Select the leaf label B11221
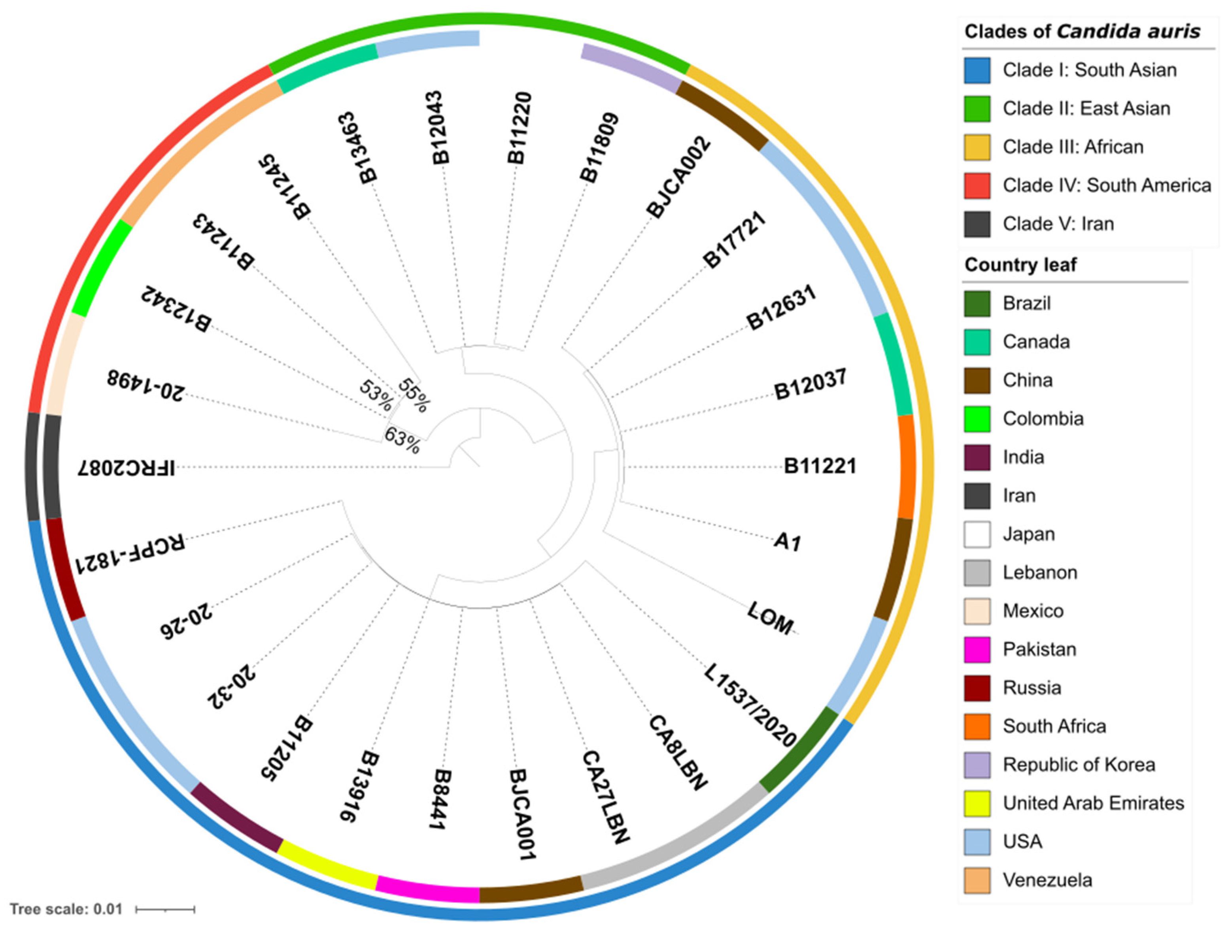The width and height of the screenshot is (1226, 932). (x=819, y=466)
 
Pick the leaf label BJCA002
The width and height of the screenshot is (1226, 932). (x=678, y=177)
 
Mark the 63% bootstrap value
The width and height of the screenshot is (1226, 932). (x=402, y=440)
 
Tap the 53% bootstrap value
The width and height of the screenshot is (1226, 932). (x=376, y=394)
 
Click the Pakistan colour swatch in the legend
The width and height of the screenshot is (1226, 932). (x=977, y=650)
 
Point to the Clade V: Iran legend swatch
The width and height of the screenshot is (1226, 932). (x=977, y=224)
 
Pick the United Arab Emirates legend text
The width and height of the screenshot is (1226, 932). (x=1093, y=803)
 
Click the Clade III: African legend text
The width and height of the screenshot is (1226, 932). (x=1073, y=147)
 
